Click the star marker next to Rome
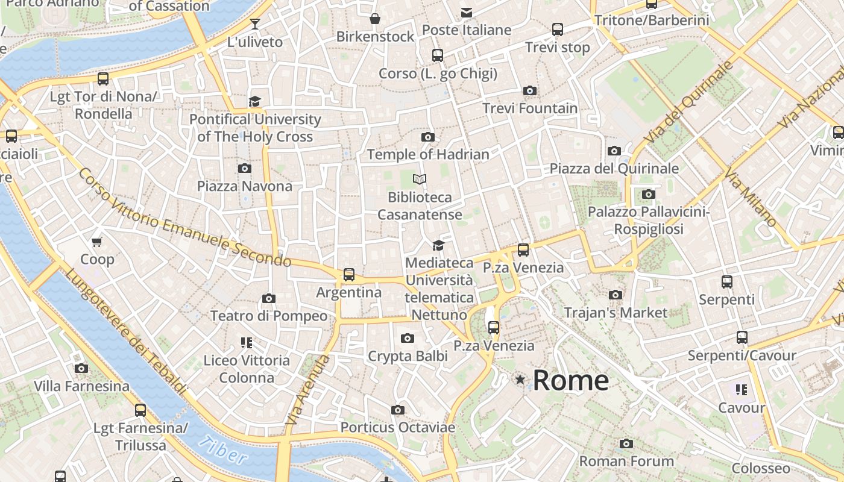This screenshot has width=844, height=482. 520,380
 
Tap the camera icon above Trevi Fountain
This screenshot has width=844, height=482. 530,91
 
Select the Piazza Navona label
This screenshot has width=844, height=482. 244,186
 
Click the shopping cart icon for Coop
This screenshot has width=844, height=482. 97,242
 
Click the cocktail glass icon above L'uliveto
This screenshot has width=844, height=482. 255,24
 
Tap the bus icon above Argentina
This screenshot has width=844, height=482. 348,275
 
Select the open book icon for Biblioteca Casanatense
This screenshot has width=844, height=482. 420,179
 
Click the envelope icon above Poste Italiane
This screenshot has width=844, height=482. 466,12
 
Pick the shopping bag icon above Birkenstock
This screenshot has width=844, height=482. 375,19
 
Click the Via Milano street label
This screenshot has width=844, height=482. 750,199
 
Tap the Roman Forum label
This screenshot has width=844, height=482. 626,462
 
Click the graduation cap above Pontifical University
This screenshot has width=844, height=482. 255,101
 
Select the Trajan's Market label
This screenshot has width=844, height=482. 616,313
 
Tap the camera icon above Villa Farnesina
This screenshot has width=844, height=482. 81,368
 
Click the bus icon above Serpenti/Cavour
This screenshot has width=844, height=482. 742,337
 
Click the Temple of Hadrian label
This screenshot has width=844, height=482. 428,154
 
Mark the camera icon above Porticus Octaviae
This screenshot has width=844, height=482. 397,410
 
